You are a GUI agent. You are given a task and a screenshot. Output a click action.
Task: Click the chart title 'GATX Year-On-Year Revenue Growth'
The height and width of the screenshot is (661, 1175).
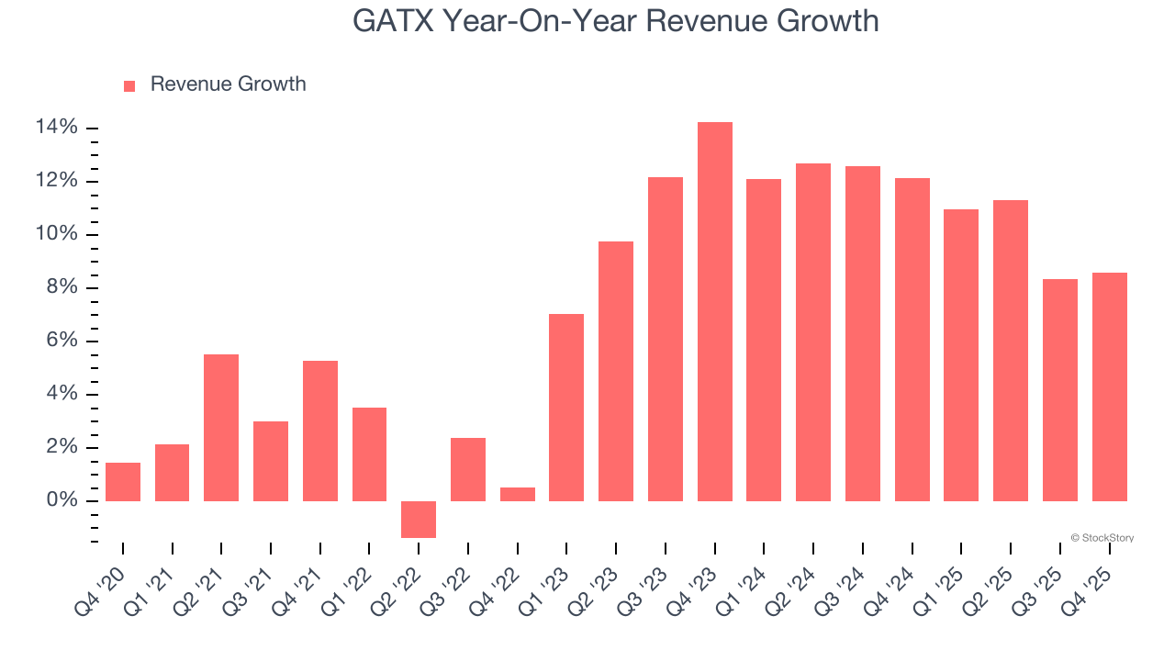click(x=615, y=21)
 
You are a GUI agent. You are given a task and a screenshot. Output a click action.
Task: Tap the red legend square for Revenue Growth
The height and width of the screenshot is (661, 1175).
click(x=129, y=85)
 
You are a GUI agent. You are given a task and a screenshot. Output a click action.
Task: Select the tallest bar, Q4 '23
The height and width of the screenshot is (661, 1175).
click(x=714, y=312)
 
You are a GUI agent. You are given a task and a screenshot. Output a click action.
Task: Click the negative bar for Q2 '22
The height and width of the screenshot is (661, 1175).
click(x=419, y=519)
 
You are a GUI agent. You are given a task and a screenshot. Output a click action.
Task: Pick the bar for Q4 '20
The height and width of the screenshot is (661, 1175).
click(x=123, y=482)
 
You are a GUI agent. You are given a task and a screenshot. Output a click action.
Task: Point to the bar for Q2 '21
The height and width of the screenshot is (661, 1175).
click(x=221, y=428)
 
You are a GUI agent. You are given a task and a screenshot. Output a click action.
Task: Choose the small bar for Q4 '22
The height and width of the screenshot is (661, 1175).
click(x=518, y=494)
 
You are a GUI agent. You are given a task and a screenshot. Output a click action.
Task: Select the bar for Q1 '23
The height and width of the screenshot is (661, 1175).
click(x=566, y=408)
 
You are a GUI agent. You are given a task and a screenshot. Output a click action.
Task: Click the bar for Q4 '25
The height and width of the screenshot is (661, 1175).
click(x=1109, y=387)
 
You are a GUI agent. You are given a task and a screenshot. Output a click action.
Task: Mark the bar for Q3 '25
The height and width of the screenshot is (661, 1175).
click(x=1060, y=390)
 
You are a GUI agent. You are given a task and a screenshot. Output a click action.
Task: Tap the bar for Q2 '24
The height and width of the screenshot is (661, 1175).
click(x=813, y=332)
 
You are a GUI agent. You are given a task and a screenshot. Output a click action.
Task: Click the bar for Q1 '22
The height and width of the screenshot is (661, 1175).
click(x=369, y=454)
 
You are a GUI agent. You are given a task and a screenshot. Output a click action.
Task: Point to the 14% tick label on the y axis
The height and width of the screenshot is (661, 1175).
click(x=57, y=128)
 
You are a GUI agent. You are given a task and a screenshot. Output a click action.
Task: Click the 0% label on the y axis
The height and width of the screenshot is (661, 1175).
click(x=62, y=501)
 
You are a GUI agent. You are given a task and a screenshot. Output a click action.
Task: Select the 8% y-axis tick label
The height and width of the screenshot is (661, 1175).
click(x=62, y=288)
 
